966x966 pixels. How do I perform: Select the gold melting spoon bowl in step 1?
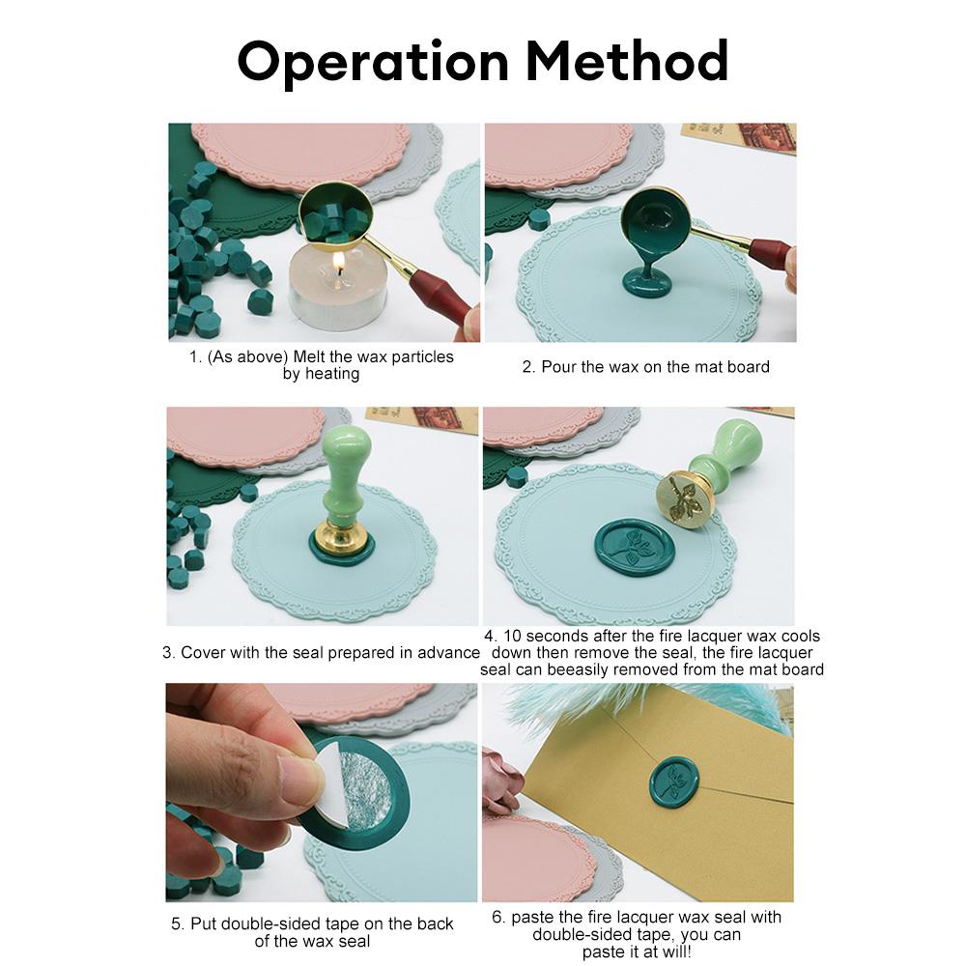[x=332, y=216]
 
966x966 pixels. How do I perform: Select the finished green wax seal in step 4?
[x=635, y=547]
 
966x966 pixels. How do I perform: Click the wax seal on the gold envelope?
[x=674, y=781]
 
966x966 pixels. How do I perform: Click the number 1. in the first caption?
[x=195, y=357]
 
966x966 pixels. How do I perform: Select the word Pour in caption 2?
[x=560, y=367]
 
